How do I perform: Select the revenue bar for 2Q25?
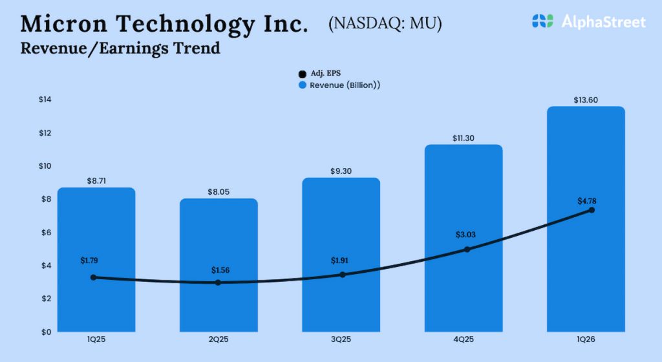click(x=218, y=304)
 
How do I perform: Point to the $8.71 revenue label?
click(x=96, y=182)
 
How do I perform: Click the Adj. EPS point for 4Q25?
click(x=467, y=249)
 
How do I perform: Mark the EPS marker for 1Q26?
click(x=592, y=210)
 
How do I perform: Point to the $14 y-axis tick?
click(x=45, y=100)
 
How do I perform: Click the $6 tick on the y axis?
click(x=45, y=233)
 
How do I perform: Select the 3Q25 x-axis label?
click(x=342, y=339)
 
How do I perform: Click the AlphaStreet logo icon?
click(x=543, y=21)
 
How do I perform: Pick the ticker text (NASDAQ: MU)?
click(x=385, y=24)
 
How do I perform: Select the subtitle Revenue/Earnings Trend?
click(x=120, y=48)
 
